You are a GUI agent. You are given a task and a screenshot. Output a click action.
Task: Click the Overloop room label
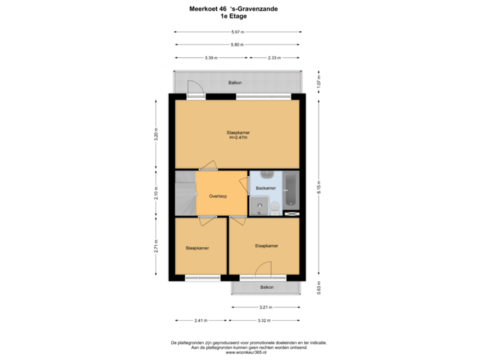pos(218,197)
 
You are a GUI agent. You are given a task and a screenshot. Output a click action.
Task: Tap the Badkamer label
pos(265,189)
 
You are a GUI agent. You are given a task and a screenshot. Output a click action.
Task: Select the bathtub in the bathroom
pos(291,190)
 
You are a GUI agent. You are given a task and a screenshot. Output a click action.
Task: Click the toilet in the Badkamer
pos(274,209)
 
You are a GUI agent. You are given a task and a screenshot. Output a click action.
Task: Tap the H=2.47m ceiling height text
pos(239,138)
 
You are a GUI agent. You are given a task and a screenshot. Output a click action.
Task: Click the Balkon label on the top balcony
pos(235,83)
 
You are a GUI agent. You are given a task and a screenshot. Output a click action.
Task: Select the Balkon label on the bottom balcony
pos(267,287)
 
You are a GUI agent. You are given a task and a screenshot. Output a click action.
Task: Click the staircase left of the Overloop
pos(185,193)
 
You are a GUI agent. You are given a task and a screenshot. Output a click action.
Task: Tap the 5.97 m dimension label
pos(237,32)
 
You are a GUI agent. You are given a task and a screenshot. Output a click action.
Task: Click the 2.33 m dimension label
pos(273,57)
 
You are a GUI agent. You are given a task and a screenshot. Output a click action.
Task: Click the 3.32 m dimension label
pos(263,321)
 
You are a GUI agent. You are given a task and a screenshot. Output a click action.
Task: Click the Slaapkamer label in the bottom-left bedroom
pos(197,248)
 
